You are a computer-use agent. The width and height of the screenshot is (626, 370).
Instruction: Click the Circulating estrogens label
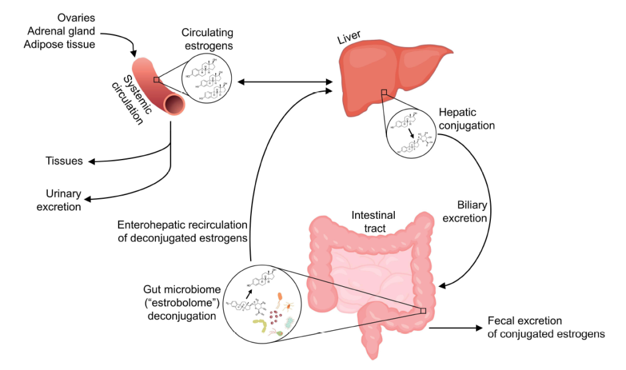pyautogui.click(x=207, y=39)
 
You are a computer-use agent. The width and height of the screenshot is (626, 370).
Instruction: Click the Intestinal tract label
pyautogui.click(x=373, y=221)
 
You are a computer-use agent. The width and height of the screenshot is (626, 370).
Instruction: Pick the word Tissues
pyautogui.click(x=64, y=161)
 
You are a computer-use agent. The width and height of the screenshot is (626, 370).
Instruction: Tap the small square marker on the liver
pyautogui.click(x=384, y=93)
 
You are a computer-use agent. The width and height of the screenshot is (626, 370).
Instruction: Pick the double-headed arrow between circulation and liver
pyautogui.click(x=285, y=81)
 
